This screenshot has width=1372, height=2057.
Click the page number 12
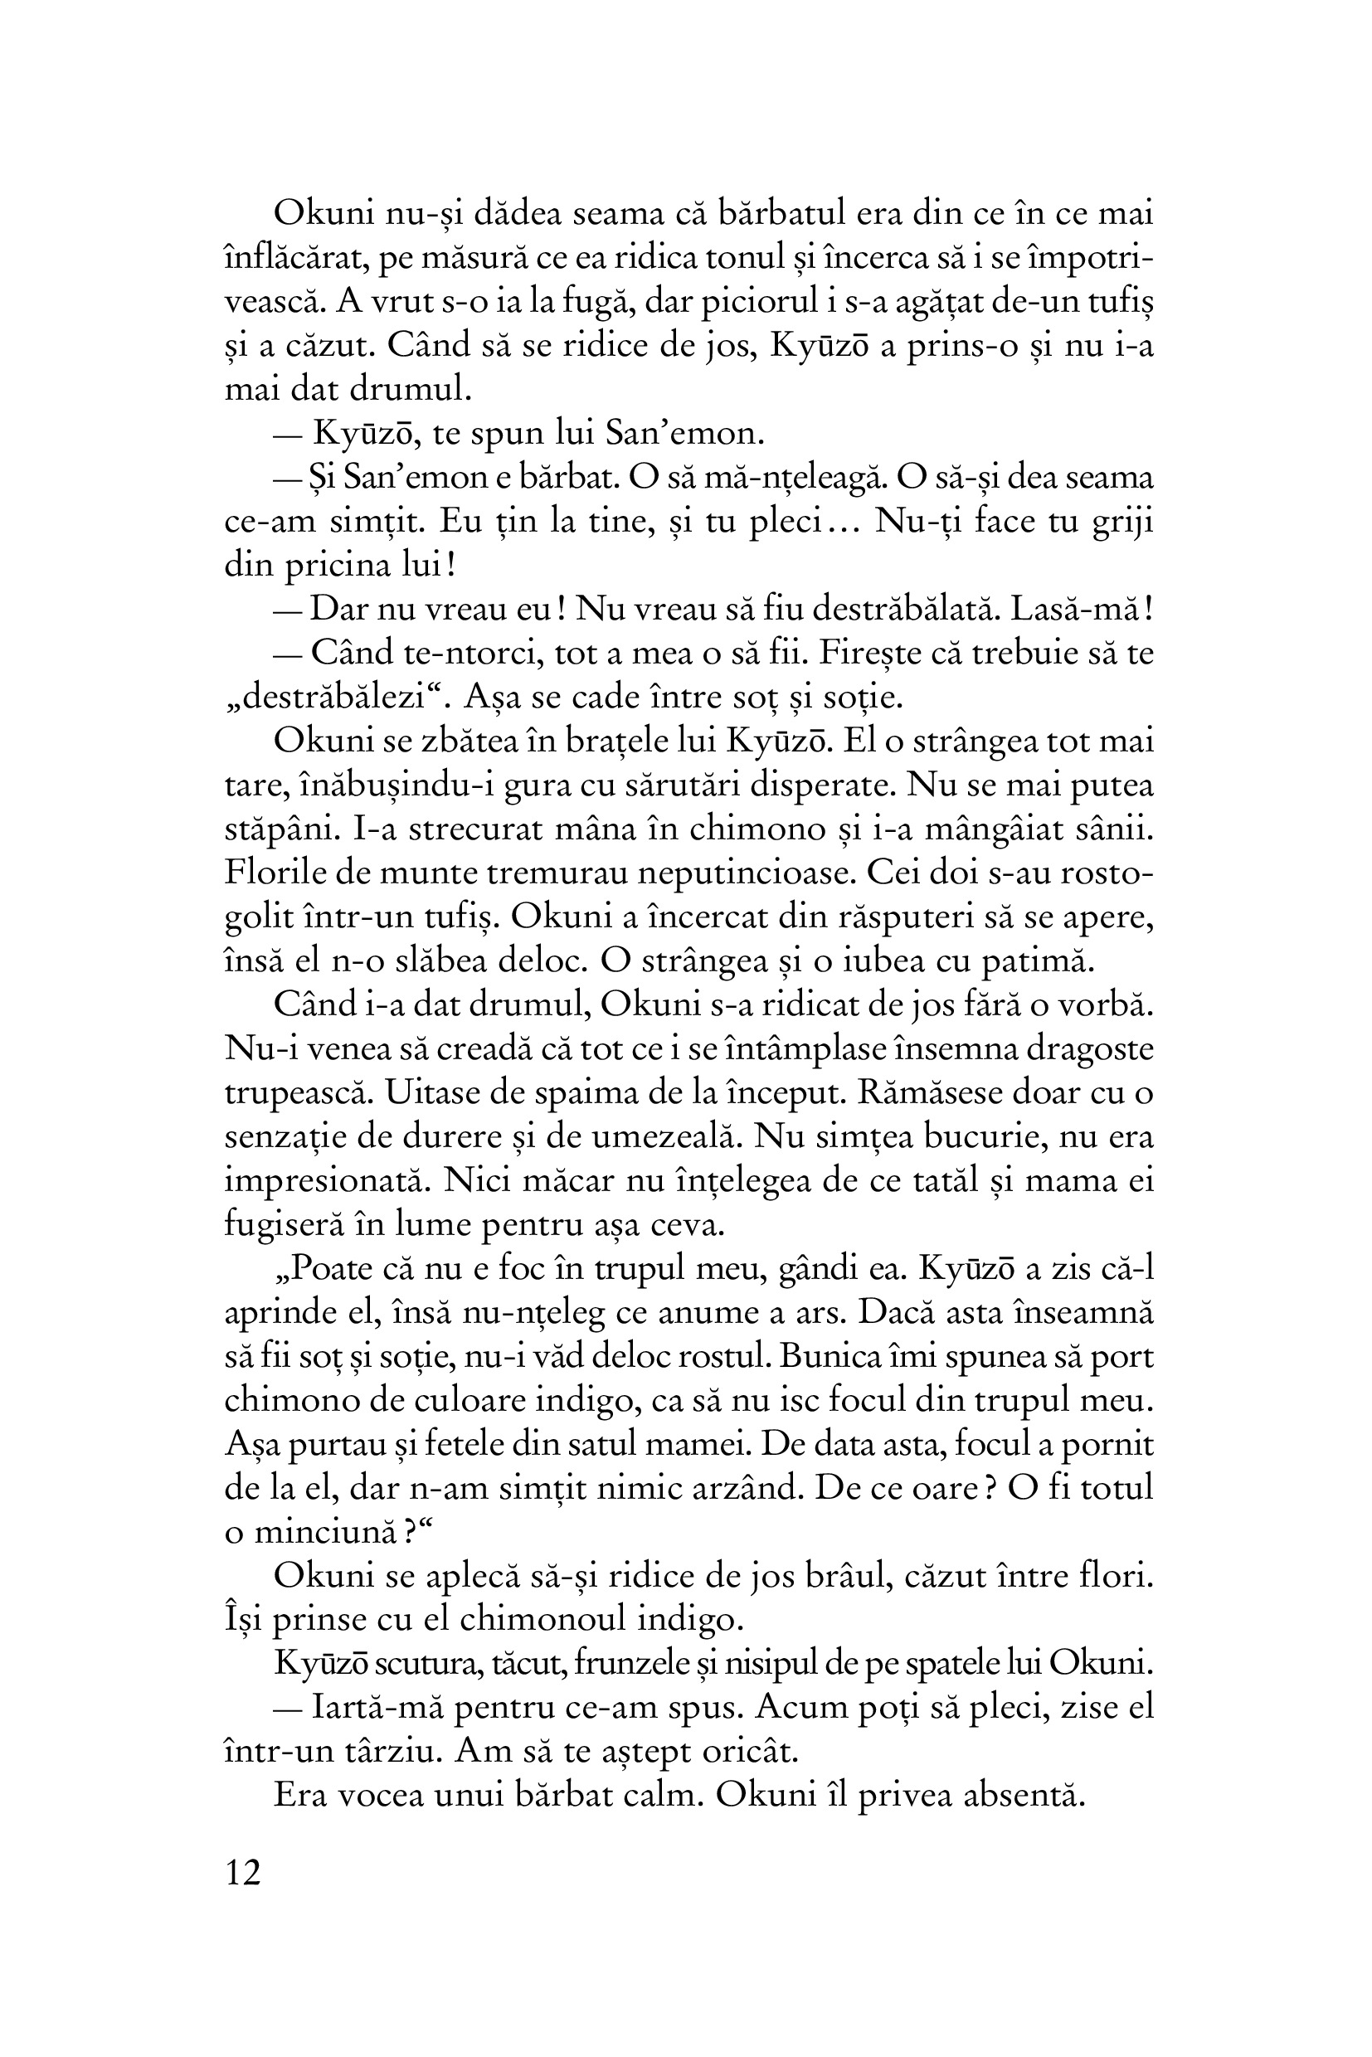(243, 1873)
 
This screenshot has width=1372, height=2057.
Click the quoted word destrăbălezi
(336, 698)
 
